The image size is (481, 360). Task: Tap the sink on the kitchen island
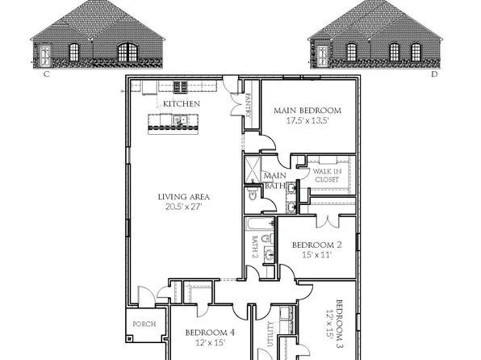click(x=182, y=122)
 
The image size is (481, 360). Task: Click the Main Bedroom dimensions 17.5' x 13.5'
click(x=307, y=121)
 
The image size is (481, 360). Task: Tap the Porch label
click(x=145, y=325)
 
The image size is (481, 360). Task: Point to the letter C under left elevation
click(x=47, y=73)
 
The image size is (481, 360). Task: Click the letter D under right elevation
click(x=433, y=73)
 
